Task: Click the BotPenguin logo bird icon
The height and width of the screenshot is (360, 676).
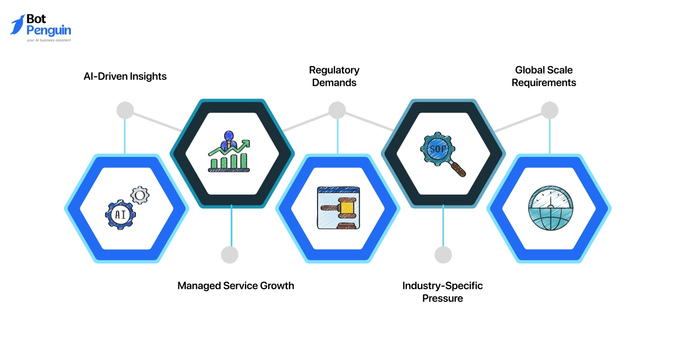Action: [x=18, y=25]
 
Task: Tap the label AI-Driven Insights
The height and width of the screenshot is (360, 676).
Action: [x=125, y=76]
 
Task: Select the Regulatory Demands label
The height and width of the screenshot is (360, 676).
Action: [x=334, y=76]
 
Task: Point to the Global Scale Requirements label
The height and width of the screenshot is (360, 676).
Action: [x=544, y=76]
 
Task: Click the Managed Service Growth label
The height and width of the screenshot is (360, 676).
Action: [x=236, y=285]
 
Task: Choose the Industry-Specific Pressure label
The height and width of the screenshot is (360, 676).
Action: [x=442, y=292]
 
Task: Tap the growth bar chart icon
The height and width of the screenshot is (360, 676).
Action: [x=229, y=152]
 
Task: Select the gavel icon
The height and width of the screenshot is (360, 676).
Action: [x=339, y=208]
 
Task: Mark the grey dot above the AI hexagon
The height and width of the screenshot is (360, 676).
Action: [x=125, y=110]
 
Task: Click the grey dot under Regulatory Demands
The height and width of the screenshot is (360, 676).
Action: [x=337, y=110]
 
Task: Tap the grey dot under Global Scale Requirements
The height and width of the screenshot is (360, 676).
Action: [x=550, y=110]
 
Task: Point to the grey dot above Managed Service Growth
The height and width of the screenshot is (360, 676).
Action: [x=230, y=255]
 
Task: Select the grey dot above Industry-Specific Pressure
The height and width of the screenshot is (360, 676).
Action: [x=443, y=255]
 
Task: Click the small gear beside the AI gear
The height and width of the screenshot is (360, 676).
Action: [x=139, y=196]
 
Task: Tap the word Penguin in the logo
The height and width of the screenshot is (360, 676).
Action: [x=49, y=30]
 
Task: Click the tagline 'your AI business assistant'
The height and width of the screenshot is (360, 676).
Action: [x=49, y=40]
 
